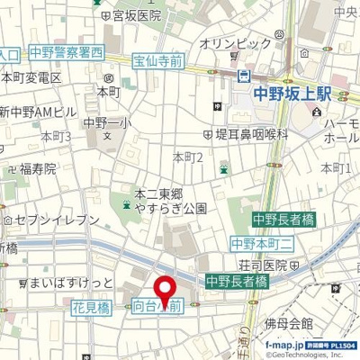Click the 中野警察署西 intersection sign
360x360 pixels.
[66, 52]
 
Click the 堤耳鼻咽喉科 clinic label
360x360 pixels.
[251, 133]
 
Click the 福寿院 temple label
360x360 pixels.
[38, 168]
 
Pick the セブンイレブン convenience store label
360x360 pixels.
[56, 220]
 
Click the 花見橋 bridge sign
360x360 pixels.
[91, 307]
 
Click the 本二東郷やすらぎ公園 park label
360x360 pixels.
[170, 200]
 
